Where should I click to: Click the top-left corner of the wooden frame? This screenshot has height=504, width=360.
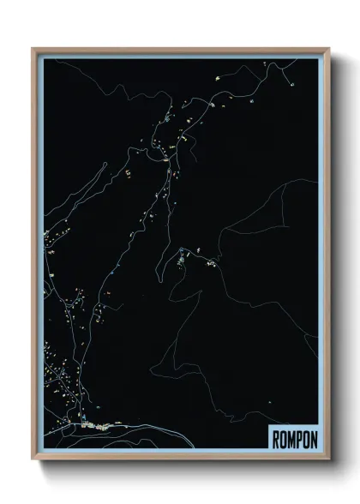click(x=33, y=49)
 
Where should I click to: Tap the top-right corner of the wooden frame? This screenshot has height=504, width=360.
click(x=328, y=49)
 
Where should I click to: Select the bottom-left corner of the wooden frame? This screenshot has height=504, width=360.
click(x=33, y=461)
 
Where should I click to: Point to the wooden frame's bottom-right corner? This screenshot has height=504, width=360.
click(x=328, y=461)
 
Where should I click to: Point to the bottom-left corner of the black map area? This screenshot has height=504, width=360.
click(x=43, y=452)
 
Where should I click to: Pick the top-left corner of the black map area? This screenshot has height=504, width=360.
click(x=43, y=59)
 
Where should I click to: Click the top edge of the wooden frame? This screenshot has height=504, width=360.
click(x=180, y=50)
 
